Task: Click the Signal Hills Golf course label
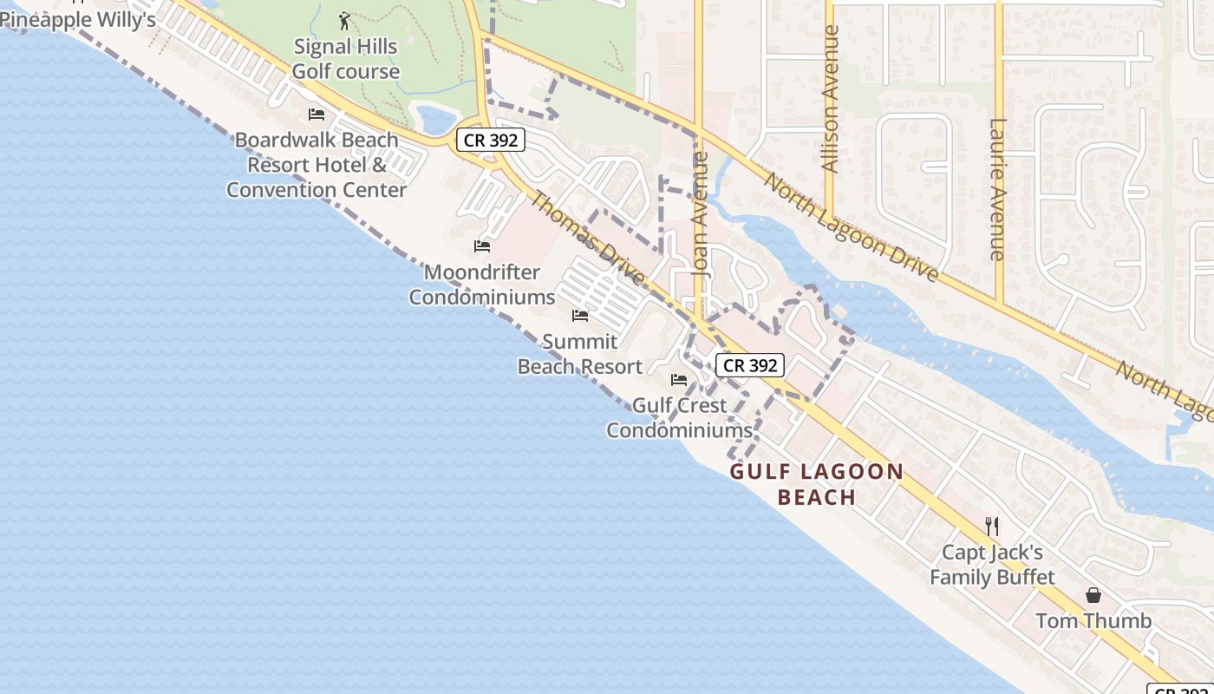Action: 345,59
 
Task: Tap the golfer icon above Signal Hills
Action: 345,20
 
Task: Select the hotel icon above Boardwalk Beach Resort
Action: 317,115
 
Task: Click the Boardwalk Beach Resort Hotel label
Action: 317,164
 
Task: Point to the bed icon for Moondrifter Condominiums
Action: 482,246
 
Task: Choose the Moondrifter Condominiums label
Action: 482,285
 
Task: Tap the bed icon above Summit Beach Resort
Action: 580,316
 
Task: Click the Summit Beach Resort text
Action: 580,354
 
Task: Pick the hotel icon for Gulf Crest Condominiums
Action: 679,380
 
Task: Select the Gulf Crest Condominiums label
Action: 679,417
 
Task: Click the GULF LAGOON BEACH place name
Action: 817,484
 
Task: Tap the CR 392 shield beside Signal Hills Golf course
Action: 490,140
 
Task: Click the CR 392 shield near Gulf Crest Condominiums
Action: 750,365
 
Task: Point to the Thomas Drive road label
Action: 587,239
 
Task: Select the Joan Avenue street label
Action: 701,214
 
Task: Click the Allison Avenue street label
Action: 831,99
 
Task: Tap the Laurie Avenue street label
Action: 997,189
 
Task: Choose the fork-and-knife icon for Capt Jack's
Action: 992,526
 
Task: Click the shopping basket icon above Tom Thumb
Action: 1093,595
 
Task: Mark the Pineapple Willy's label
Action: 78,19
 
